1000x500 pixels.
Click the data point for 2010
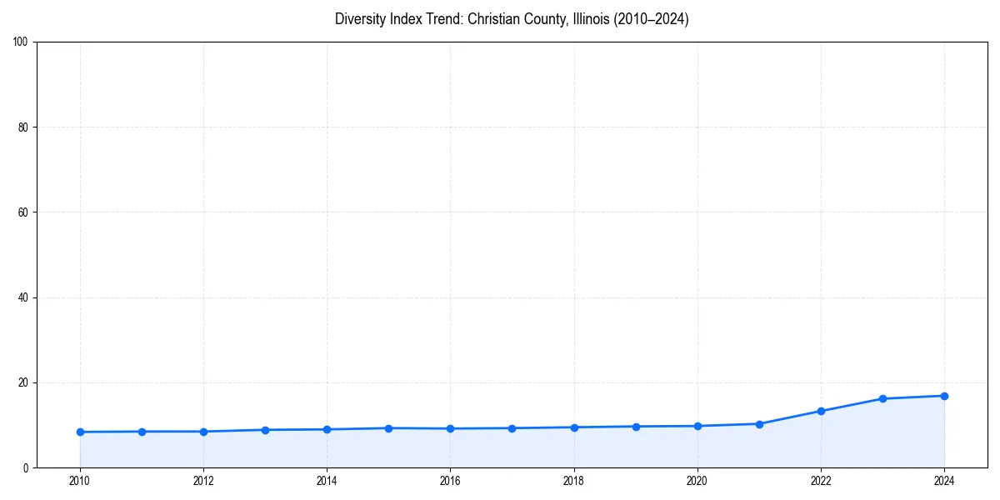80,432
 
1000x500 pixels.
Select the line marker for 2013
265,430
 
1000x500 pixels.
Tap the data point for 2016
450,428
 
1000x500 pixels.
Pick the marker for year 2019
636,427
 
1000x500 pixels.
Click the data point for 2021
759,424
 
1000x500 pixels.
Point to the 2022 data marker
821,411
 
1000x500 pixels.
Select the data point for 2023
882,398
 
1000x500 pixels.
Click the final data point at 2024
944,396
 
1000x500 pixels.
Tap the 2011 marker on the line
142,432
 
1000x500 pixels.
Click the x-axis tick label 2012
203,481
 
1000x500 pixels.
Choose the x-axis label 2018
573,481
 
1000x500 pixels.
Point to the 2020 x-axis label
697,481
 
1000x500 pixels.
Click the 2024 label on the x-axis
944,481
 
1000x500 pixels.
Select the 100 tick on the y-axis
22,42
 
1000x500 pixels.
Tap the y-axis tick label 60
24,212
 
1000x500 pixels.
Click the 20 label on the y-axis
24,382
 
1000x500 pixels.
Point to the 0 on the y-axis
27,467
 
